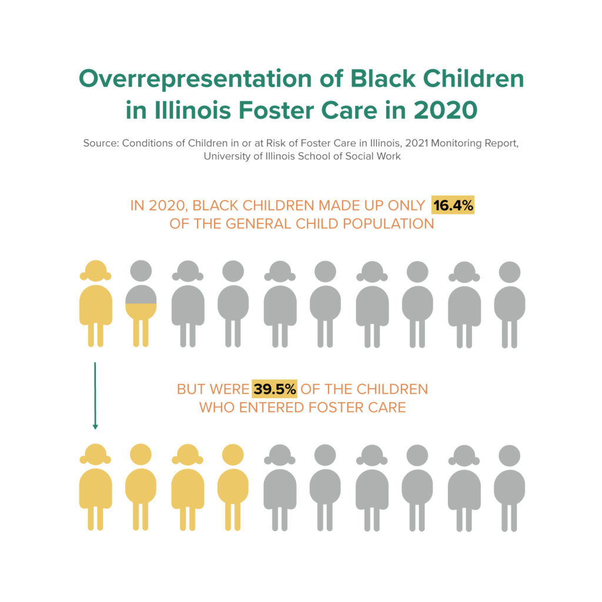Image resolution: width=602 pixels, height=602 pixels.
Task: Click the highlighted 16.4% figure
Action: pyautogui.click(x=453, y=206)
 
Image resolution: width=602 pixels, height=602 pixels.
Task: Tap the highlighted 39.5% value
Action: pyautogui.click(x=275, y=389)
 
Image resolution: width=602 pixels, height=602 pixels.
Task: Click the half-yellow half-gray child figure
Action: pyautogui.click(x=141, y=306)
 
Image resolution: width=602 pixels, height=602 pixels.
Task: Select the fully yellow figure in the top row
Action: pyautogui.click(x=95, y=303)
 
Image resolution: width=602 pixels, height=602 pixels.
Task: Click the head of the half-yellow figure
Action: pyautogui.click(x=141, y=271)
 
